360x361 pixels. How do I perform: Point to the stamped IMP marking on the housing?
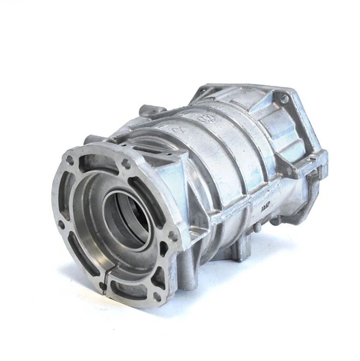click(266, 209)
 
